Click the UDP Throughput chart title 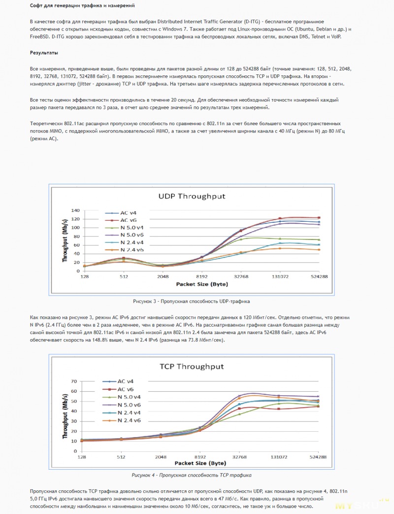click(192, 196)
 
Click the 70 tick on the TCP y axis click(74, 381)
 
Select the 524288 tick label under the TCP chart click(318, 457)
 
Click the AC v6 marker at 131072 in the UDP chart click(280, 218)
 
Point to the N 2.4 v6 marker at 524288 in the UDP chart click(319, 250)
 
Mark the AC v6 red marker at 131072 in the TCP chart click(279, 409)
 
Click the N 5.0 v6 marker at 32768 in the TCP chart click(240, 396)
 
